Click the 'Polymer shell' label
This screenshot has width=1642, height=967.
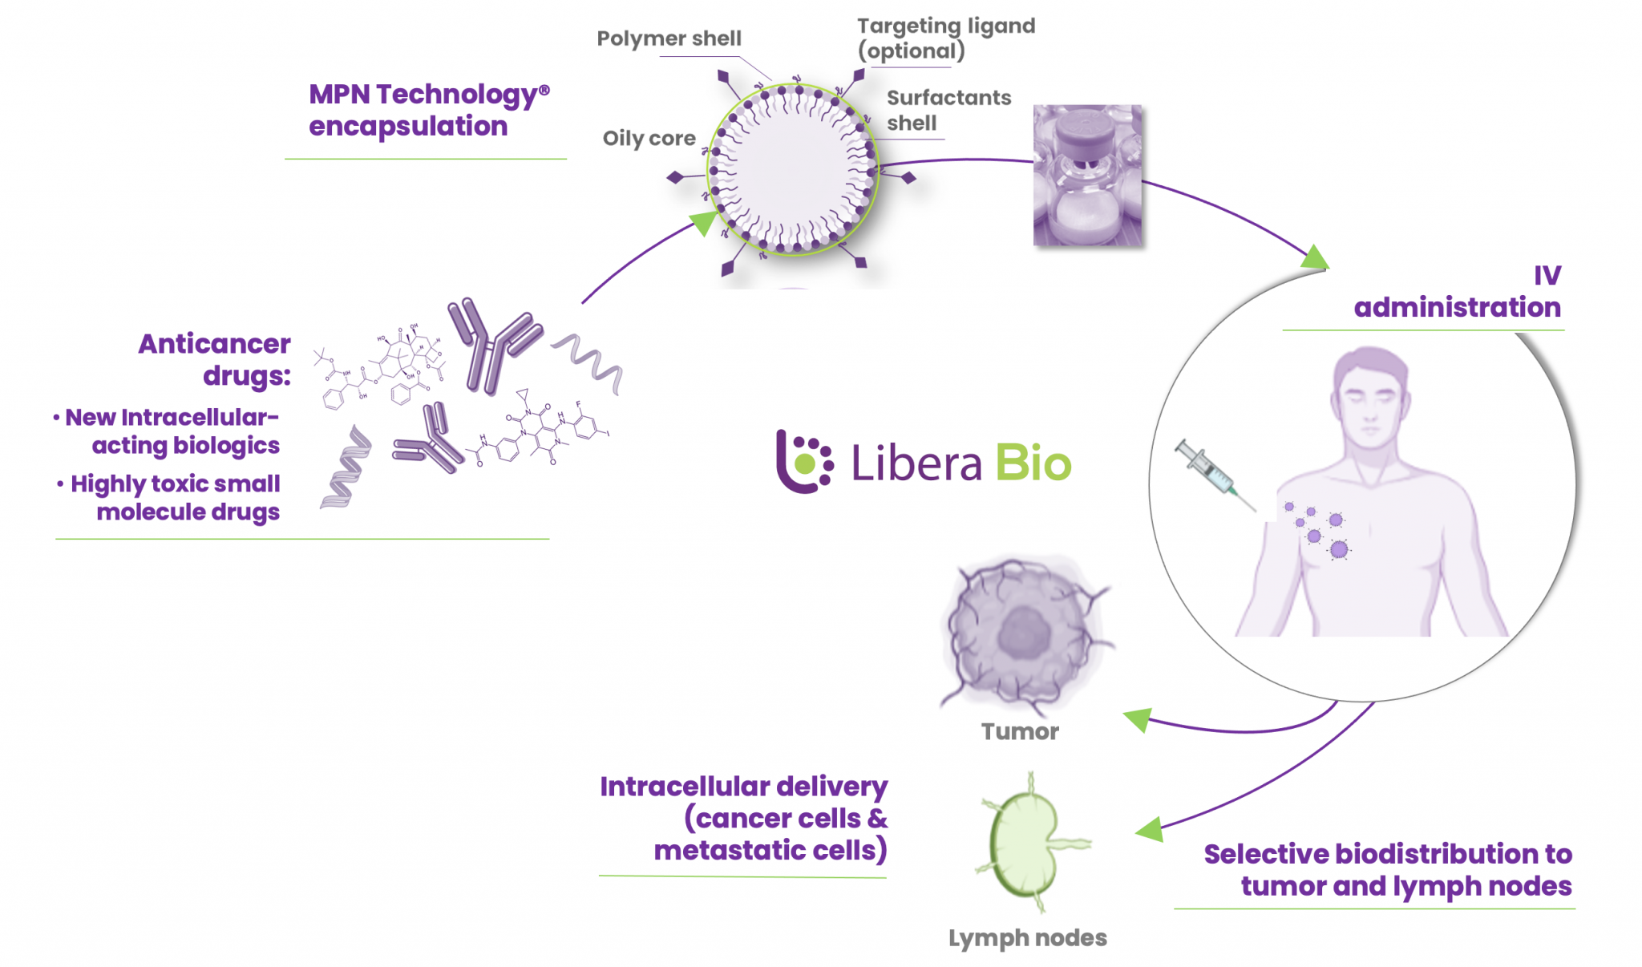tap(669, 38)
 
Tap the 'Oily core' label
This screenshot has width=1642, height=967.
tap(649, 138)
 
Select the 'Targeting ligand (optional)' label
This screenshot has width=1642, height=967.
tap(945, 38)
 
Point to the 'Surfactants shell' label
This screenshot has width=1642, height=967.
tap(948, 110)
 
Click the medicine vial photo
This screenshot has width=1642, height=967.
tap(1087, 175)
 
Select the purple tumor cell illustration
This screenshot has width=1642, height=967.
tap(1024, 633)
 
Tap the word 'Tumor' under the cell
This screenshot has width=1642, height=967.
tap(1020, 731)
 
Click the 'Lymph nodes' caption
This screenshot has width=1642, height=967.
tap(1027, 937)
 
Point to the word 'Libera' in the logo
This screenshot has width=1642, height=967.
tap(916, 463)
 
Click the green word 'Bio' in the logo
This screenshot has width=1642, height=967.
tap(1033, 463)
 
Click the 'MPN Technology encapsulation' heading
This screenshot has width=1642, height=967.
tap(428, 110)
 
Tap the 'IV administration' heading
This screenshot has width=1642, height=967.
tap(1457, 291)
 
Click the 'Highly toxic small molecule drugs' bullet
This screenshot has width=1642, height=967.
tap(175, 497)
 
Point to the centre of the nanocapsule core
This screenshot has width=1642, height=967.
tap(792, 169)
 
